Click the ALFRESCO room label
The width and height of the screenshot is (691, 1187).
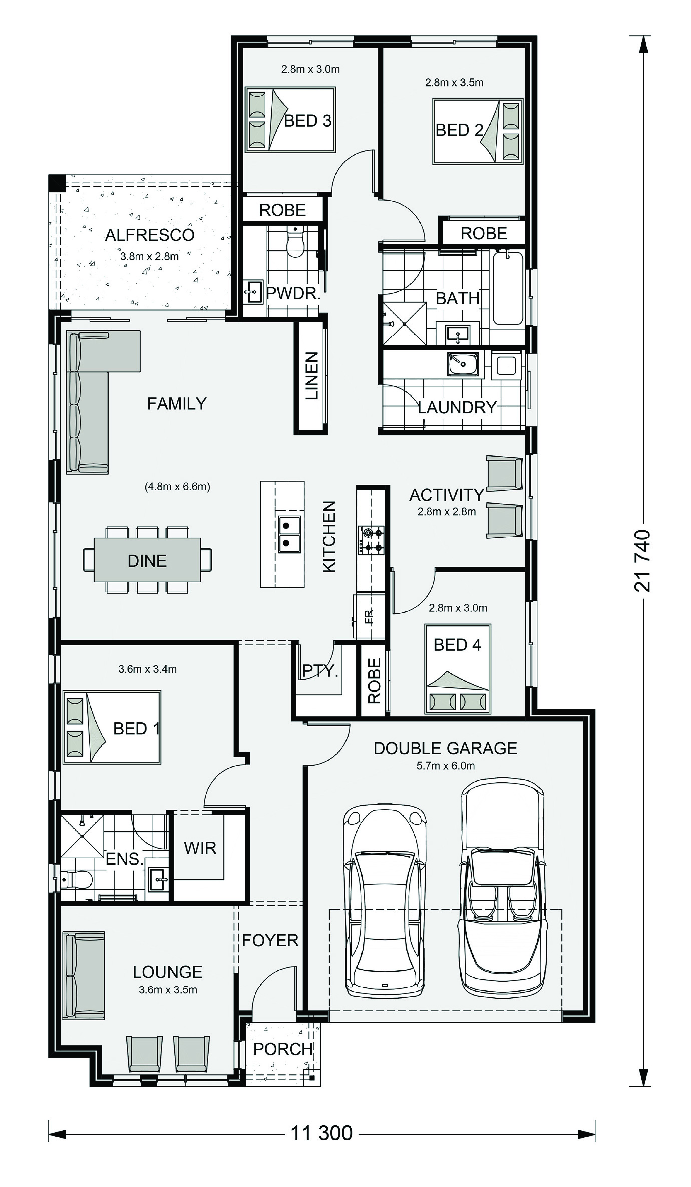[x=150, y=235]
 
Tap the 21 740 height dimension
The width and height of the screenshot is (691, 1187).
[x=642, y=561]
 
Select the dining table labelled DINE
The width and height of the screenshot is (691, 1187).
[x=147, y=560]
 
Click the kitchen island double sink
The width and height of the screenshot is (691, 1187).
[x=289, y=534]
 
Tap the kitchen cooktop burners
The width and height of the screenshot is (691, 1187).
[x=371, y=540]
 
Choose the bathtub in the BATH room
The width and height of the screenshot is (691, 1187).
[x=508, y=288]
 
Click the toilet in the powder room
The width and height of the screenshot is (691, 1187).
[x=296, y=241]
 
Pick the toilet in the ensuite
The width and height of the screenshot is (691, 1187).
[x=77, y=879]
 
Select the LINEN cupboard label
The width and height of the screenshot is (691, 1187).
[x=311, y=375]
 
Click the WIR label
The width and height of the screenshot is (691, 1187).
[x=200, y=848]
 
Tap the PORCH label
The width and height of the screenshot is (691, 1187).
[x=283, y=1049]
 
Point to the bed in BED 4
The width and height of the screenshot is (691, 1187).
[x=458, y=669]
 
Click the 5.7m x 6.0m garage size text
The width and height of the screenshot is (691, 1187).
[x=446, y=765]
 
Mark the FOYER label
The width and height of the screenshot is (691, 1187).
[x=270, y=940]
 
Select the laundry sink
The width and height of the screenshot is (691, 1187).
[x=463, y=364]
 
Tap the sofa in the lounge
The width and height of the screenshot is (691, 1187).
[x=84, y=975]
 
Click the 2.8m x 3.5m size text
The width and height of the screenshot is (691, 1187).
[x=454, y=82]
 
